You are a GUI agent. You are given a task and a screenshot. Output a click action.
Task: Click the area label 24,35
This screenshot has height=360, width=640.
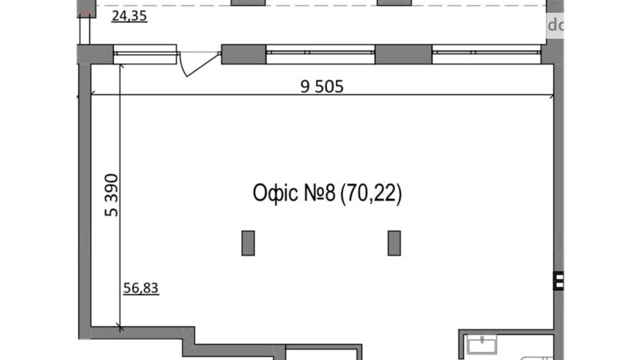pos(129,16)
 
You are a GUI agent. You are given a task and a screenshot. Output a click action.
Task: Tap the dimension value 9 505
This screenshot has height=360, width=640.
pos(322,87)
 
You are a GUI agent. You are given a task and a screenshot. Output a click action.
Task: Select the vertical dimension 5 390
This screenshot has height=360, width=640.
pos(111,195)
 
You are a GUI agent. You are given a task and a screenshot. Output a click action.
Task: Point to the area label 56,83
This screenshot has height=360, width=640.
pos(141,288)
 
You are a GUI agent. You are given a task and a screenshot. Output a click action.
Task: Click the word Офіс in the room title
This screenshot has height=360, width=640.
pos(275,193)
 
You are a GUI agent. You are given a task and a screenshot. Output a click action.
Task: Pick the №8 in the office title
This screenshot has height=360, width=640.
pos(320,193)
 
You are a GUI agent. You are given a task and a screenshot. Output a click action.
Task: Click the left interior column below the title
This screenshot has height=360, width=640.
pos(248,243)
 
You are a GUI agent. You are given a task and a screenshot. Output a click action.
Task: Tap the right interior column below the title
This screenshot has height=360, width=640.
pos(394,243)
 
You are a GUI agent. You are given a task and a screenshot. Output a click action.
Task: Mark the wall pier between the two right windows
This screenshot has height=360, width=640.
pos(403,54)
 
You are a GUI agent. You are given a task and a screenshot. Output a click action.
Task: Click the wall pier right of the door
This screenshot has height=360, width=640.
pos(244,54)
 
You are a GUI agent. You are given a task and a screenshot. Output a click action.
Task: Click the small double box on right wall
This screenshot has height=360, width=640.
pos(558,281)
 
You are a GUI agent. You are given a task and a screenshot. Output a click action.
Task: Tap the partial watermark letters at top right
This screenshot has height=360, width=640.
pos(555,25)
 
